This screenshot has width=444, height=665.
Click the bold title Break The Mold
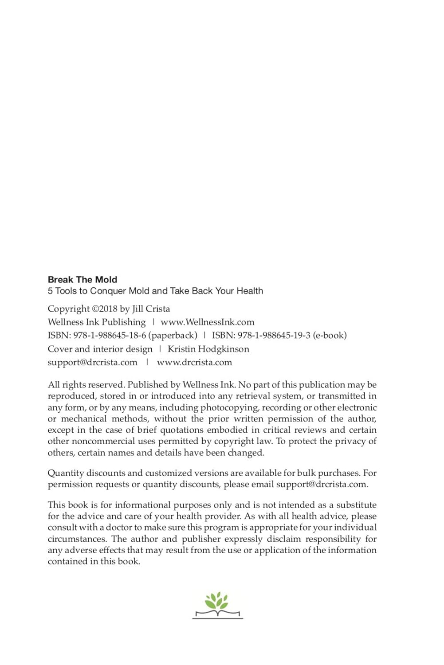coord(83,280)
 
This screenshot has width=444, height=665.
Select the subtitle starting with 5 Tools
coord(155,291)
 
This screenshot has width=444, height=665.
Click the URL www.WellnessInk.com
coord(207,322)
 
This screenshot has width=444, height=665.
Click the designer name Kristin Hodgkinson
coord(208,349)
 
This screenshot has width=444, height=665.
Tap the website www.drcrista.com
coord(194,363)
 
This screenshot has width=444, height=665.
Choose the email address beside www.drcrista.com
coord(93,363)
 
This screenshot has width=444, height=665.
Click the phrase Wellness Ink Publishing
coord(97,322)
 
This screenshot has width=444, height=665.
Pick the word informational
coord(142,505)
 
